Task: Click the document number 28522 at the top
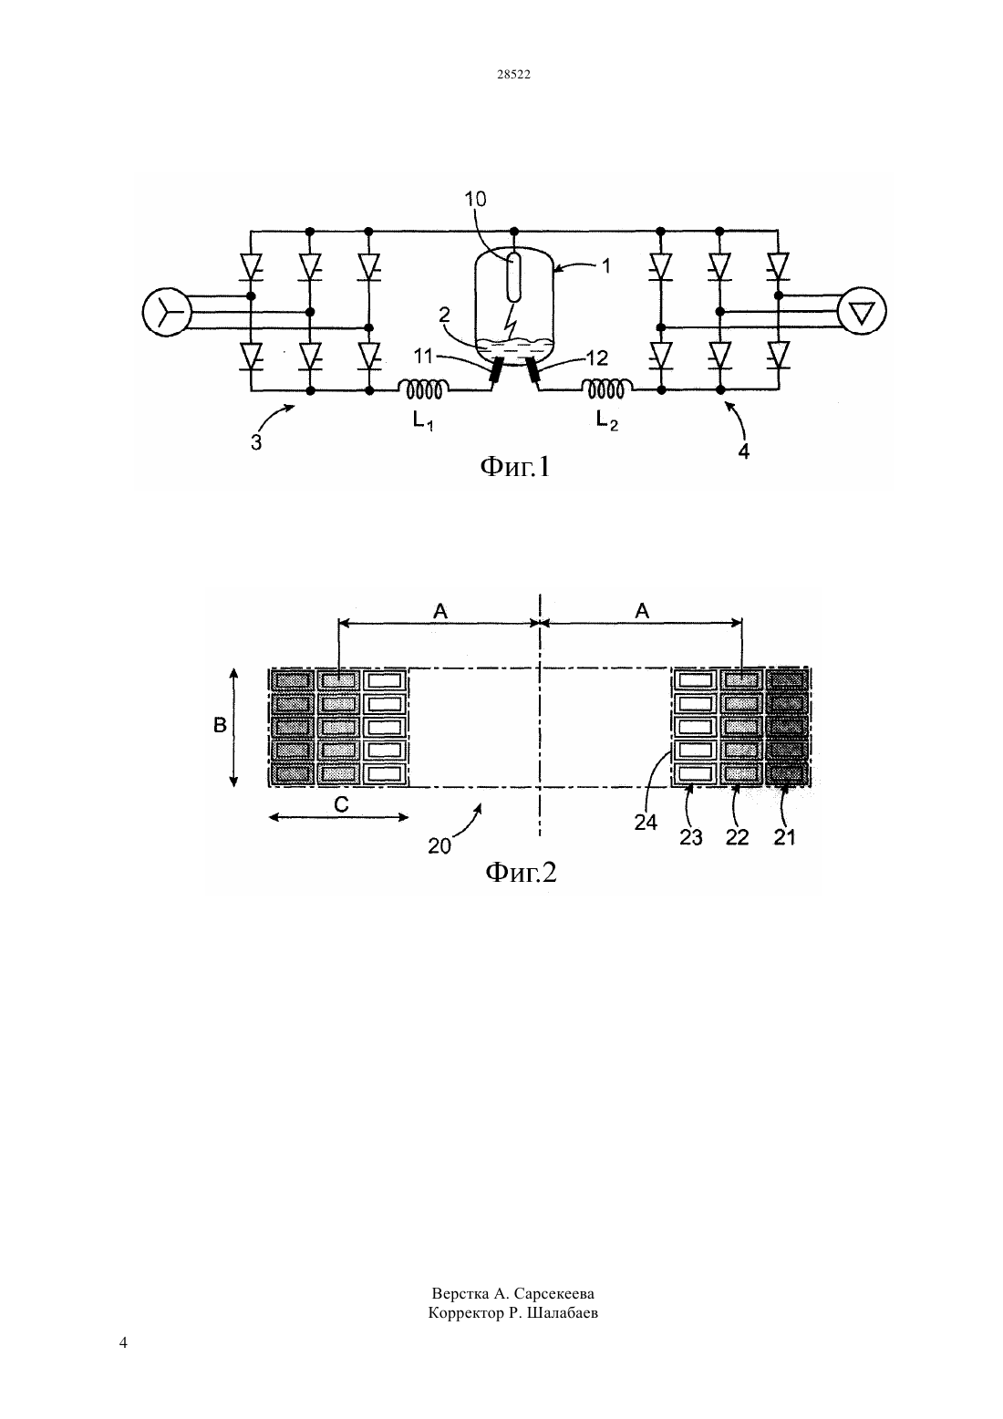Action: point(513,74)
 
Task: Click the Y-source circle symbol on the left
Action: point(167,311)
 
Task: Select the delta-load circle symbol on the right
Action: point(862,311)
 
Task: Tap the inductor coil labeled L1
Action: point(424,389)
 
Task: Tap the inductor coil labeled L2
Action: point(607,389)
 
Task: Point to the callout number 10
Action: point(475,199)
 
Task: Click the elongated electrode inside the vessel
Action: point(514,277)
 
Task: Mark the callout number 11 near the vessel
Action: point(423,357)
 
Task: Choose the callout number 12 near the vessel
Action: point(597,357)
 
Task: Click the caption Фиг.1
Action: point(515,467)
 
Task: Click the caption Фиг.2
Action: point(521,873)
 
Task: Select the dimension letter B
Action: point(220,725)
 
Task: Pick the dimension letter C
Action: point(341,804)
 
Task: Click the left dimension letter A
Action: point(439,611)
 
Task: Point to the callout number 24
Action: point(646,823)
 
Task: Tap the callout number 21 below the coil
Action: point(784,837)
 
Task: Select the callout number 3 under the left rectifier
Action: point(256,443)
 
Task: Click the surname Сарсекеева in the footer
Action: point(553,1293)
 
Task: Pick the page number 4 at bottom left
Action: point(123,1342)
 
